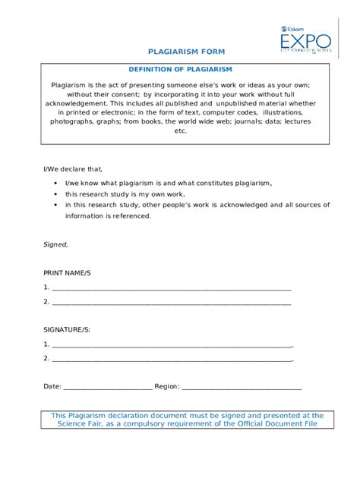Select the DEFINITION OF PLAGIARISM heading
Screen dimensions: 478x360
(x=180, y=69)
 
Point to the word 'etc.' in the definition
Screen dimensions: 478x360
(x=180, y=130)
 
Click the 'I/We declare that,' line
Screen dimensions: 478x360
(x=72, y=169)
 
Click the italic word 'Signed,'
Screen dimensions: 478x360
(x=55, y=244)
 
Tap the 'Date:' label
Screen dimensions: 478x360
(x=52, y=386)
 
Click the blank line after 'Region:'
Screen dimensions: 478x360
(x=242, y=387)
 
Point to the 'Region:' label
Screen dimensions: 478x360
(x=167, y=386)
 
